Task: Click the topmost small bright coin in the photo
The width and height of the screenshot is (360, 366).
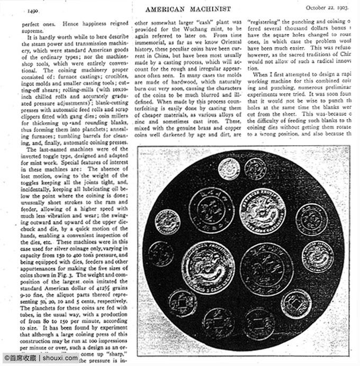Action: (x=229, y=169)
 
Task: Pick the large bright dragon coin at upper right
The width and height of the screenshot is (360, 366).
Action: (x=263, y=211)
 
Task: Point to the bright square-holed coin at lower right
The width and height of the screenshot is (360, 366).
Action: (x=296, y=304)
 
